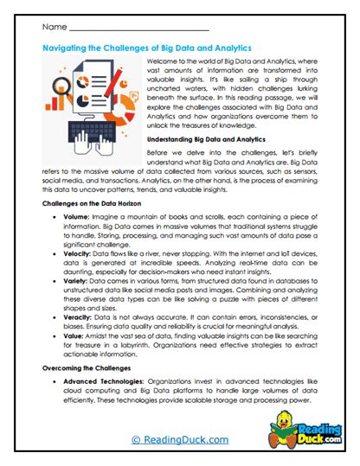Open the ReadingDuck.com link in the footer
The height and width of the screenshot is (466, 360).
[179, 440]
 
